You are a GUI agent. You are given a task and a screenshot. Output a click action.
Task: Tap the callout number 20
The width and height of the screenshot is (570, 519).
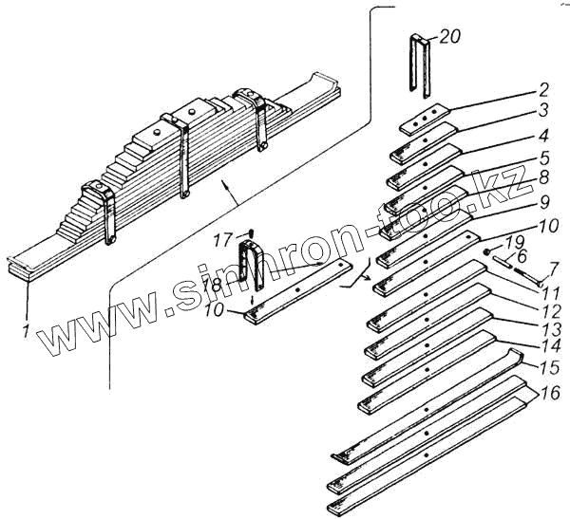pos(449,36)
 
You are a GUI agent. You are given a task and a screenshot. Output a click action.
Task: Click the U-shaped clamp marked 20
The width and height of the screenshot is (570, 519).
pos(421,66)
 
